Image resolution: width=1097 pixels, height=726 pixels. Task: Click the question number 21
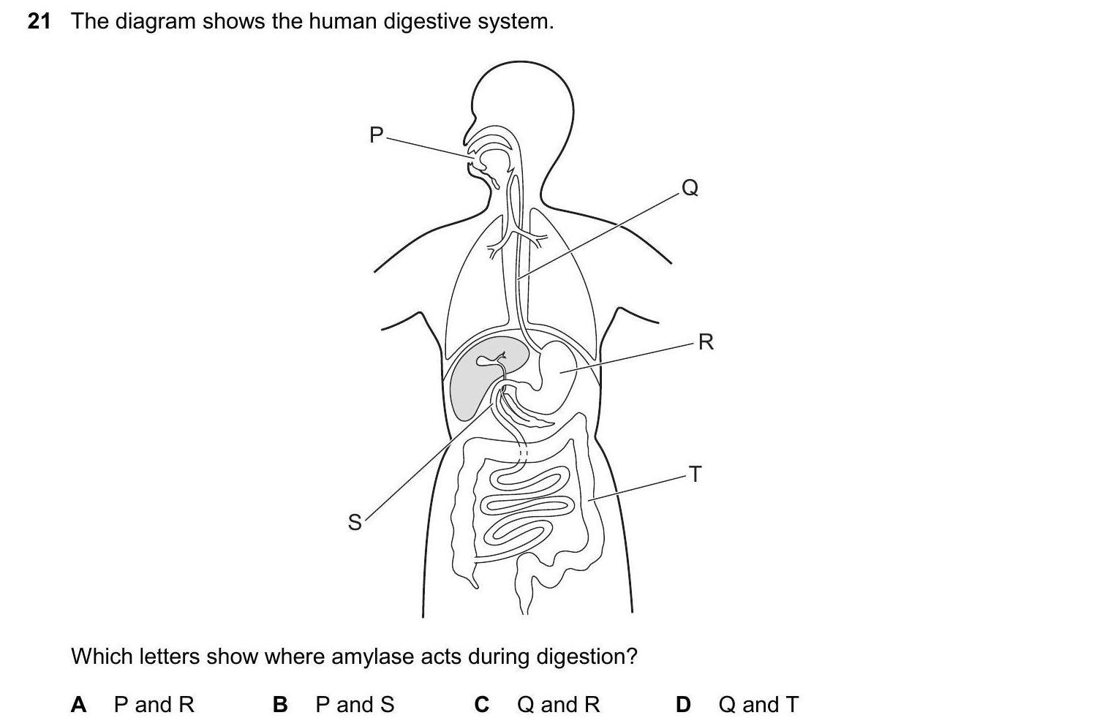pyautogui.click(x=39, y=22)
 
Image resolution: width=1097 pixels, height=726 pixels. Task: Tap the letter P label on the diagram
pyautogui.click(x=377, y=135)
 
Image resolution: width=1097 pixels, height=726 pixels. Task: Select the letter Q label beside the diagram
pyautogui.click(x=690, y=189)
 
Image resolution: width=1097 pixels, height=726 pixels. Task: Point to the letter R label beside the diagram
pyautogui.click(x=706, y=341)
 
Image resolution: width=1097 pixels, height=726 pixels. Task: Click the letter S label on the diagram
pyautogui.click(x=355, y=522)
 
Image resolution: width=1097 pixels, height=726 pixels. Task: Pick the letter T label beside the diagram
pyautogui.click(x=695, y=474)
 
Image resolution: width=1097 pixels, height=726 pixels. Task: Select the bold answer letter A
pyautogui.click(x=79, y=705)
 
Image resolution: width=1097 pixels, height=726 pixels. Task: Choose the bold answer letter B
pyautogui.click(x=280, y=705)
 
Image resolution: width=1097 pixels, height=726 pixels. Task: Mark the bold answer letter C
pyautogui.click(x=481, y=705)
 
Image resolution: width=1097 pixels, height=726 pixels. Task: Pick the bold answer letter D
pyautogui.click(x=683, y=705)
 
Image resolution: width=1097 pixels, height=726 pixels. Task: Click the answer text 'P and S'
pyautogui.click(x=355, y=705)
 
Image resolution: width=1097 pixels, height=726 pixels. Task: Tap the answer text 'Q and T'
pyautogui.click(x=758, y=705)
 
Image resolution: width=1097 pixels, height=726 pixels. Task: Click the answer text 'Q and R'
pyautogui.click(x=558, y=705)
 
